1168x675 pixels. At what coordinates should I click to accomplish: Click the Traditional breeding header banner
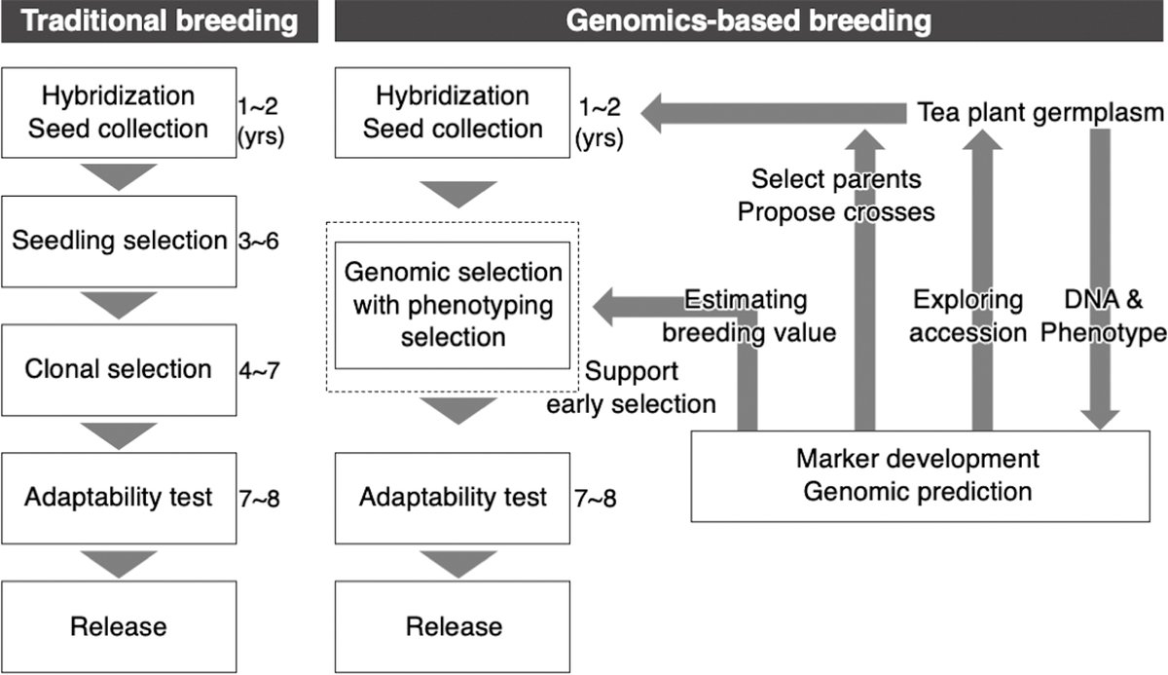click(160, 20)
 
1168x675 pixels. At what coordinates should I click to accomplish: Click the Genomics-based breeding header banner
click(748, 20)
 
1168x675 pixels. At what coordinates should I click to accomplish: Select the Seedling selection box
click(119, 242)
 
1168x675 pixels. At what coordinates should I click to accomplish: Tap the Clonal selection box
click(119, 370)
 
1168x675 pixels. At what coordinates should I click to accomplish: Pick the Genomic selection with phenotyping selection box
click(453, 305)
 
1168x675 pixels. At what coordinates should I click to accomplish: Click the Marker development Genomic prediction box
click(921, 475)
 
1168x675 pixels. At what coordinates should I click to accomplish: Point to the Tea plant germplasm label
click(1040, 112)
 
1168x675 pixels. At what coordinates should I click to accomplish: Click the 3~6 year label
click(258, 242)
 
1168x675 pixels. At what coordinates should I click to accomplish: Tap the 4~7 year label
click(259, 370)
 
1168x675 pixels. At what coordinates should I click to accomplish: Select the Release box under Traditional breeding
click(119, 626)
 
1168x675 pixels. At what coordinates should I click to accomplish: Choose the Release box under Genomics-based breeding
click(453, 626)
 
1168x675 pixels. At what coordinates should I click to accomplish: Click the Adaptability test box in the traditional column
click(119, 498)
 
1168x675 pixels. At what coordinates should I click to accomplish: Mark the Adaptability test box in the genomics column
click(453, 498)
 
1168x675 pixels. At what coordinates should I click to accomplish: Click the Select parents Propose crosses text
click(836, 196)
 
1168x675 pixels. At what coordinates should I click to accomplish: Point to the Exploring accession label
click(967, 317)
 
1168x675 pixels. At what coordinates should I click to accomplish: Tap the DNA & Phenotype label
click(1104, 317)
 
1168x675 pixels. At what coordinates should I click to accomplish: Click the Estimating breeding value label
click(748, 317)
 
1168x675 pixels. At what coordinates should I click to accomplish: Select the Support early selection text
click(631, 388)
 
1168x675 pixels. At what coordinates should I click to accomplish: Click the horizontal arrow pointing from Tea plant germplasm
click(773, 113)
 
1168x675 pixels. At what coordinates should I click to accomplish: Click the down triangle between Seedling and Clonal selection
click(119, 305)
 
